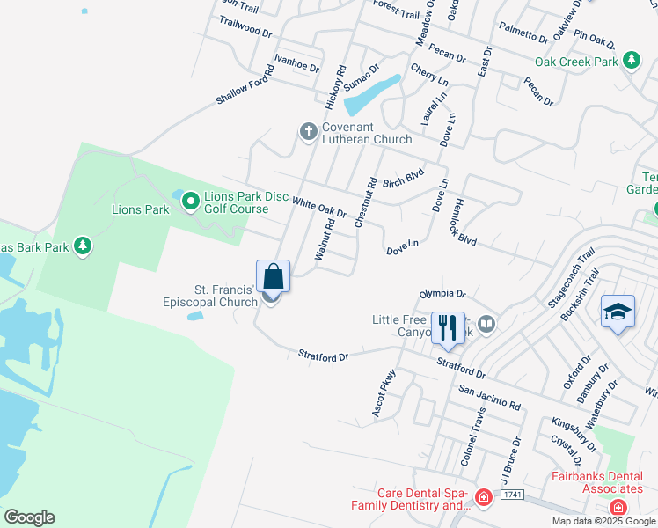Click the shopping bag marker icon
click(x=274, y=276)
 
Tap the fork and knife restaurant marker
click(x=448, y=328)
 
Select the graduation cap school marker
click(x=618, y=311)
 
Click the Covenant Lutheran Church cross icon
click(x=308, y=131)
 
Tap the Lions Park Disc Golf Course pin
click(x=190, y=202)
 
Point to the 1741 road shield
click(x=513, y=496)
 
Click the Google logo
click(x=29, y=517)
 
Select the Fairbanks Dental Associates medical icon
click(x=618, y=508)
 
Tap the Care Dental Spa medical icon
click(x=482, y=498)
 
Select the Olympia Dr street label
click(x=442, y=293)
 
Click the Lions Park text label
click(x=140, y=210)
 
